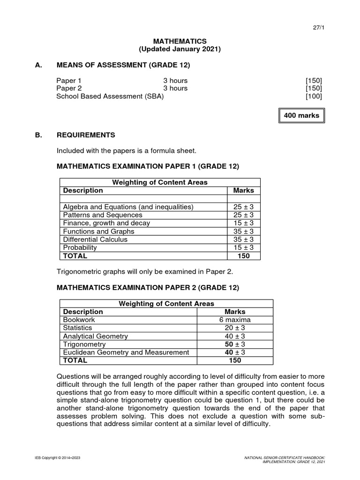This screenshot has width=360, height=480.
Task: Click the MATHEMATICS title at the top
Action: pyautogui.click(x=180, y=41)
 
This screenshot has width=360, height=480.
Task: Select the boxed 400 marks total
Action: pyautogui.click(x=301, y=115)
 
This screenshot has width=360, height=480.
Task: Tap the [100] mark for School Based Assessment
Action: pyautogui.click(x=314, y=97)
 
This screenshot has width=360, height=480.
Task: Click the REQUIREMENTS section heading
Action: pyautogui.click(x=86, y=135)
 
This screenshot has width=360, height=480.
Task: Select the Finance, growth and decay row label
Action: pyautogui.click(x=106, y=223)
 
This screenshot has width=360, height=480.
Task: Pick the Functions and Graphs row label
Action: pyautogui.click(x=98, y=231)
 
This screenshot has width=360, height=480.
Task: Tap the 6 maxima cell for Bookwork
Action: pyautogui.click(x=235, y=320)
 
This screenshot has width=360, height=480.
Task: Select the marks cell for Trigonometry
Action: pyautogui.click(x=235, y=344)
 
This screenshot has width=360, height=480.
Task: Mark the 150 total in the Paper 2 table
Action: pyautogui.click(x=235, y=360)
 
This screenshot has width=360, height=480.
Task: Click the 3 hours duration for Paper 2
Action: pyautogui.click(x=175, y=88)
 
